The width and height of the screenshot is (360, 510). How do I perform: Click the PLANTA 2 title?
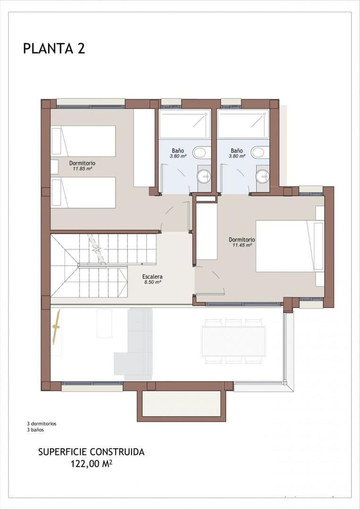coord(54,48)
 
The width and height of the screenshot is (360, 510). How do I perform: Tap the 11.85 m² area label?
coord(82,168)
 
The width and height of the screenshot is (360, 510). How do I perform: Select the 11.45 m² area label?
coord(242,245)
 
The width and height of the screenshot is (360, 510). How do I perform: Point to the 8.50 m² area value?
coord(153,282)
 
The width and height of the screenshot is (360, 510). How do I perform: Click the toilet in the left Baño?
coord(200,152)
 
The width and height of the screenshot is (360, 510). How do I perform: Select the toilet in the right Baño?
coord(258,152)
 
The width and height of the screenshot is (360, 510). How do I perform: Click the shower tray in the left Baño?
coord(185,124)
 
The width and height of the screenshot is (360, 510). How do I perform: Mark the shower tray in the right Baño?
coord(243,124)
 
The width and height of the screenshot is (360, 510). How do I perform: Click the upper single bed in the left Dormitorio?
coord(84,141)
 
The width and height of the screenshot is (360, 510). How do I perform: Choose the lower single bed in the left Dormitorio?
coord(84,192)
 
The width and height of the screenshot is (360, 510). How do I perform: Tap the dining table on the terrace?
coord(234,341)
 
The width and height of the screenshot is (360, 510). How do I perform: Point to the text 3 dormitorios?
coord(42,424)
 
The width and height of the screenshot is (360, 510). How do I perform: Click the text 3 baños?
coord(35,430)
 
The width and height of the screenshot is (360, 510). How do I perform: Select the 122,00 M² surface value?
coord(91,464)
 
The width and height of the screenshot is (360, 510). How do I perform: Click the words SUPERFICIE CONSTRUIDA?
coord(91,452)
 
